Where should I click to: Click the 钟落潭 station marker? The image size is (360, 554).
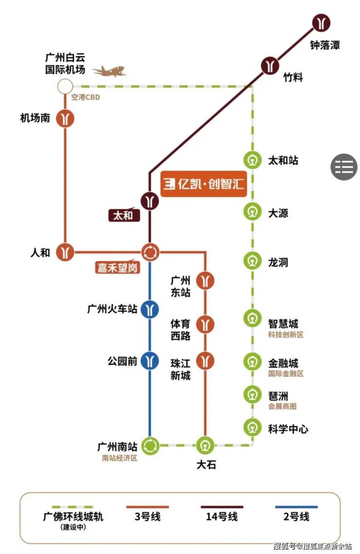point(321,22)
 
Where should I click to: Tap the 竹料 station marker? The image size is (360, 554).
point(270,66)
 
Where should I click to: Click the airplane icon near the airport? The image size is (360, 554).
point(109,71)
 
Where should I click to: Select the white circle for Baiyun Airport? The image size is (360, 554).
point(65,86)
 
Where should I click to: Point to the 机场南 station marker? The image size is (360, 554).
point(65,118)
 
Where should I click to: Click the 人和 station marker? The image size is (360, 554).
point(65,252)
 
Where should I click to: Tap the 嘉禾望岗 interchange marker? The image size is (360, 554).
point(150,252)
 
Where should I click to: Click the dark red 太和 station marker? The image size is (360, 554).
point(150,201)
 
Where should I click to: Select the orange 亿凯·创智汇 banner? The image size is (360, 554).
point(203,184)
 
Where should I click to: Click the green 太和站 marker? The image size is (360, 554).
point(252,160)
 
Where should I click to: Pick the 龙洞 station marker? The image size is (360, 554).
point(252,262)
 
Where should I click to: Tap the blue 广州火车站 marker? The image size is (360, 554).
point(150,309)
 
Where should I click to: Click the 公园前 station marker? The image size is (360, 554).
point(150,361)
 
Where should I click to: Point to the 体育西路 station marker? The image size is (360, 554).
point(205,324)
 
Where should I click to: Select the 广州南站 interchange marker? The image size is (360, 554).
point(150,446)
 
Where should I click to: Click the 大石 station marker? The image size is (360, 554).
point(205,446)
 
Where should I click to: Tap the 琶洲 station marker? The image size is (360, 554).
point(252,394)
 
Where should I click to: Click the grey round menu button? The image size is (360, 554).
point(344,167)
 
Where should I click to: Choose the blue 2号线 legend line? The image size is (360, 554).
point(296,507)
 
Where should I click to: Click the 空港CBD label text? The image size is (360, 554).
point(86,97)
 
